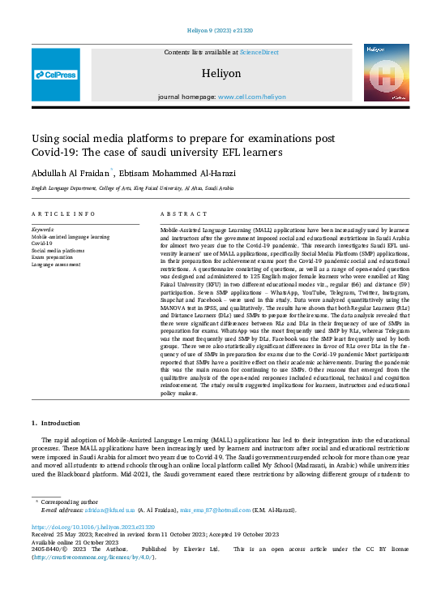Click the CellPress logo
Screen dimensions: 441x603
56,75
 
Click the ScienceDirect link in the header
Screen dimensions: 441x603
259,52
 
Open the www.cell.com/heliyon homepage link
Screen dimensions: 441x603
251,97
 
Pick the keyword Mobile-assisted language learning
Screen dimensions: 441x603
70,236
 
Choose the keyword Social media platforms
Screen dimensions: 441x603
58,250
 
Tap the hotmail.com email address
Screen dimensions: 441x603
224,510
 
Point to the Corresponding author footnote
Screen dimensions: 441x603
70,502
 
